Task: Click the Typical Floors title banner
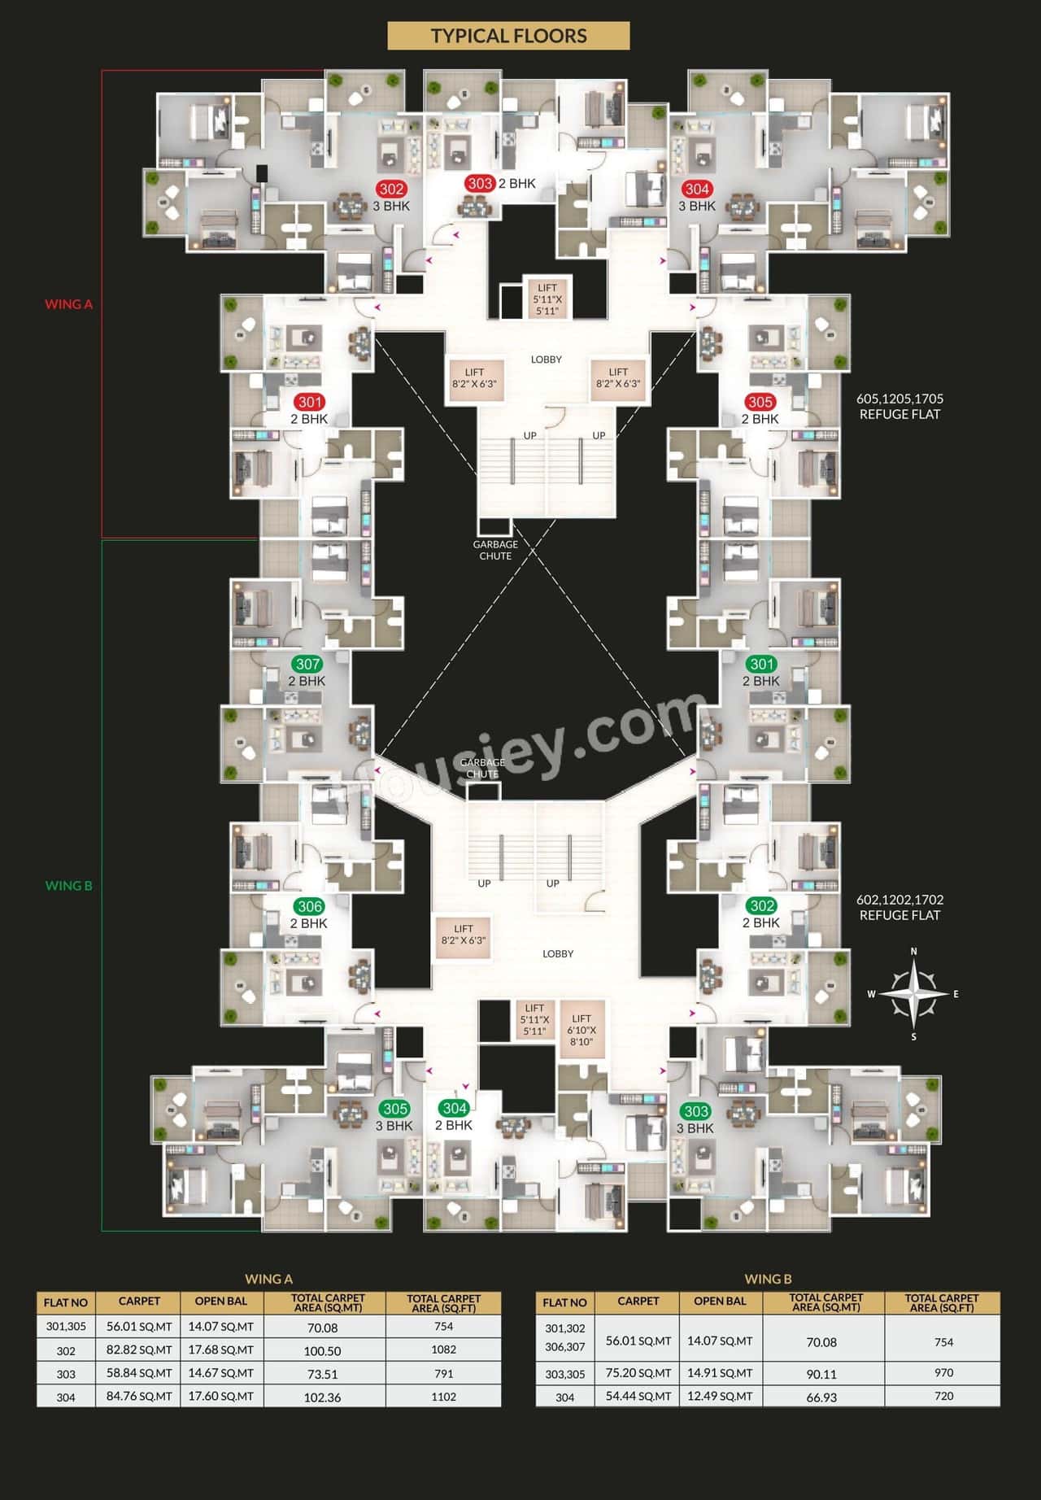pos(508,36)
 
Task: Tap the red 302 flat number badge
pos(391,190)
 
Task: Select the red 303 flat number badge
pos(480,183)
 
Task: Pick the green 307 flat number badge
pos(308,665)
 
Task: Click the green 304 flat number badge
pos(455,1108)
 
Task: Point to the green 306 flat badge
pos(310,906)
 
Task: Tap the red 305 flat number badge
pos(760,402)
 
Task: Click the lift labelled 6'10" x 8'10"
pos(581,1030)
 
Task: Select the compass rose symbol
pos(914,994)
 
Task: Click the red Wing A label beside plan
pos(68,304)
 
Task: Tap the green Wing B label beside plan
pos(68,886)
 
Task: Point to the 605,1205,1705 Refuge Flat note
pos(899,407)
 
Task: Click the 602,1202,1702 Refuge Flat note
pos(899,908)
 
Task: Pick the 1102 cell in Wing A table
pos(443,1397)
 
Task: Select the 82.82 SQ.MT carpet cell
pos(139,1350)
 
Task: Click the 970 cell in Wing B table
pos(943,1373)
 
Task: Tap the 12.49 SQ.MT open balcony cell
pos(720,1397)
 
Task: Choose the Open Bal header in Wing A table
pos(220,1302)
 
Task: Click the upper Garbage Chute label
pos(495,550)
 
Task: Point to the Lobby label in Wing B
pos(558,953)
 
